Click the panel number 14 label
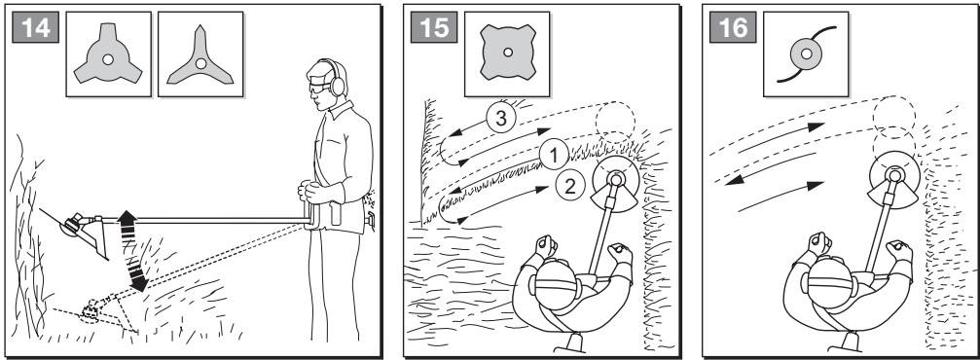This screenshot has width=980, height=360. tap(36, 27)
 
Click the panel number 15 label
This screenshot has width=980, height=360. tap(434, 27)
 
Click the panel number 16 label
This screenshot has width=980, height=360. tap(733, 27)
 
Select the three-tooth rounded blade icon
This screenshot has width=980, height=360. tap(108, 54)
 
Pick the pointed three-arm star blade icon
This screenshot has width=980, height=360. tap(200, 58)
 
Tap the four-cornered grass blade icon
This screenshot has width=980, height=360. tap(507, 53)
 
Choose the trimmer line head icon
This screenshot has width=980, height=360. tap(806, 54)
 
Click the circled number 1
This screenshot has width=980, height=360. tap(554, 155)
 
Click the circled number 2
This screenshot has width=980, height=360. tap(570, 185)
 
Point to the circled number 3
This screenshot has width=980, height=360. tap(500, 118)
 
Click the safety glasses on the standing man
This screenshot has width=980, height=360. tap(319, 87)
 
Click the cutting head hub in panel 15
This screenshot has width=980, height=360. tap(616, 180)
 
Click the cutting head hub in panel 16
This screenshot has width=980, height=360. tap(893, 175)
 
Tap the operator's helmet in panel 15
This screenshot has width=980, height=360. tap(557, 283)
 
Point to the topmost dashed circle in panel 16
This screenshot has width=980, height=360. tap(894, 114)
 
